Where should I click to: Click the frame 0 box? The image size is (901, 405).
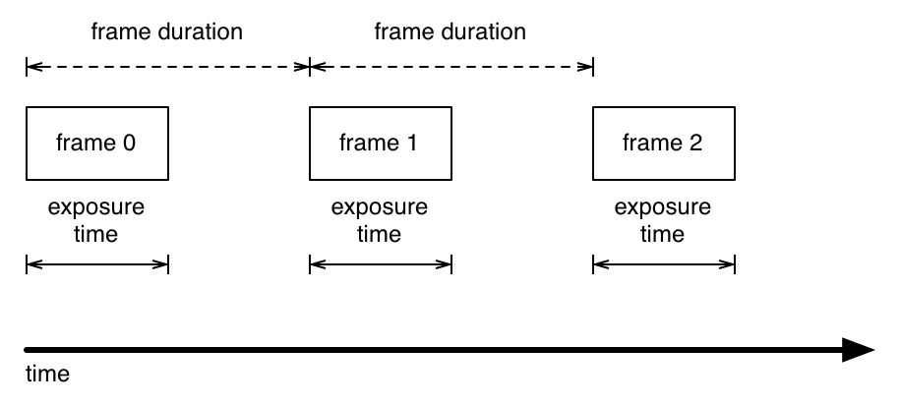pyautogui.click(x=97, y=144)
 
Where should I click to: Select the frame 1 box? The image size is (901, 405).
pyautogui.click(x=381, y=144)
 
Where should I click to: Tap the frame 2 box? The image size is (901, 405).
pyautogui.click(x=664, y=144)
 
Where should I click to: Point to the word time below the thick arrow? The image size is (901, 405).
pyautogui.click(x=46, y=375)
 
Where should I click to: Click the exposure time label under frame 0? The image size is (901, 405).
pyautogui.click(x=96, y=221)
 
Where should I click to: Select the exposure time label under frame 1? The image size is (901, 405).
pyautogui.click(x=380, y=221)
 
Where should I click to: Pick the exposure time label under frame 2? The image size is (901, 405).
pyautogui.click(x=663, y=221)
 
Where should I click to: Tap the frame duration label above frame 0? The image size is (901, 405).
pyautogui.click(x=166, y=31)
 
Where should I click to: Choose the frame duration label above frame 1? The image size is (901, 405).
pyautogui.click(x=450, y=31)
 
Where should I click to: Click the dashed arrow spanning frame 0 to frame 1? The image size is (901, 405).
pyautogui.click(x=167, y=67)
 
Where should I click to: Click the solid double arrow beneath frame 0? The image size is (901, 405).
pyautogui.click(x=97, y=263)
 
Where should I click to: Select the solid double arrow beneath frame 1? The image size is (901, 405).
pyautogui.click(x=381, y=263)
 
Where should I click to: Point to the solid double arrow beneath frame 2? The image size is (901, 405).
pyautogui.click(x=664, y=263)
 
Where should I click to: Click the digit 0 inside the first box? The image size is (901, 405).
pyautogui.click(x=128, y=144)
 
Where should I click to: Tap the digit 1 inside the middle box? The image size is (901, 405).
pyautogui.click(x=411, y=144)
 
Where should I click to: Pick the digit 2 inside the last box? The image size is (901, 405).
pyautogui.click(x=695, y=144)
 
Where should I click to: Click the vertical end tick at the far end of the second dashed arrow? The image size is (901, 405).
pyautogui.click(x=593, y=67)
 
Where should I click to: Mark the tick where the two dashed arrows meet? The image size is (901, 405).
pyautogui.click(x=310, y=67)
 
